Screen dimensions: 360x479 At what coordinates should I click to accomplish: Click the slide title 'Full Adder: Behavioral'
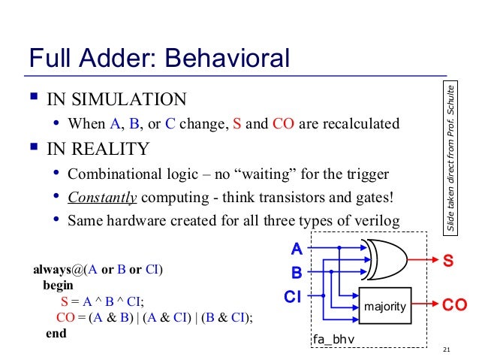coord(158,58)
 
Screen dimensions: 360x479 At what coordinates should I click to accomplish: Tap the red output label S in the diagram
coord(448,261)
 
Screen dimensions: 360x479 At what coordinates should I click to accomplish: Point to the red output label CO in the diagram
coord(454,306)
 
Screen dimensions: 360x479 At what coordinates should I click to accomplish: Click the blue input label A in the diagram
coord(297,248)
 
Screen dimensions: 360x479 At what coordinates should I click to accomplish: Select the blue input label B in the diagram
coord(297,271)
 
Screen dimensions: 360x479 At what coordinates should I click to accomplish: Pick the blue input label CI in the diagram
coord(293,296)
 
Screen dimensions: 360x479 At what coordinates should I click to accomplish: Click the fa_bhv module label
coord(333,340)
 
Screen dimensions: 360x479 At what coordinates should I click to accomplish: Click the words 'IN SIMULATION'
coord(116,99)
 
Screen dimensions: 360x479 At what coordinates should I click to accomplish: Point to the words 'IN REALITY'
coord(98,149)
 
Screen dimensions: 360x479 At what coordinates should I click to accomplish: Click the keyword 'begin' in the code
coord(58,286)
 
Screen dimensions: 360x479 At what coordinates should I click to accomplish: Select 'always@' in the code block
coord(57,269)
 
